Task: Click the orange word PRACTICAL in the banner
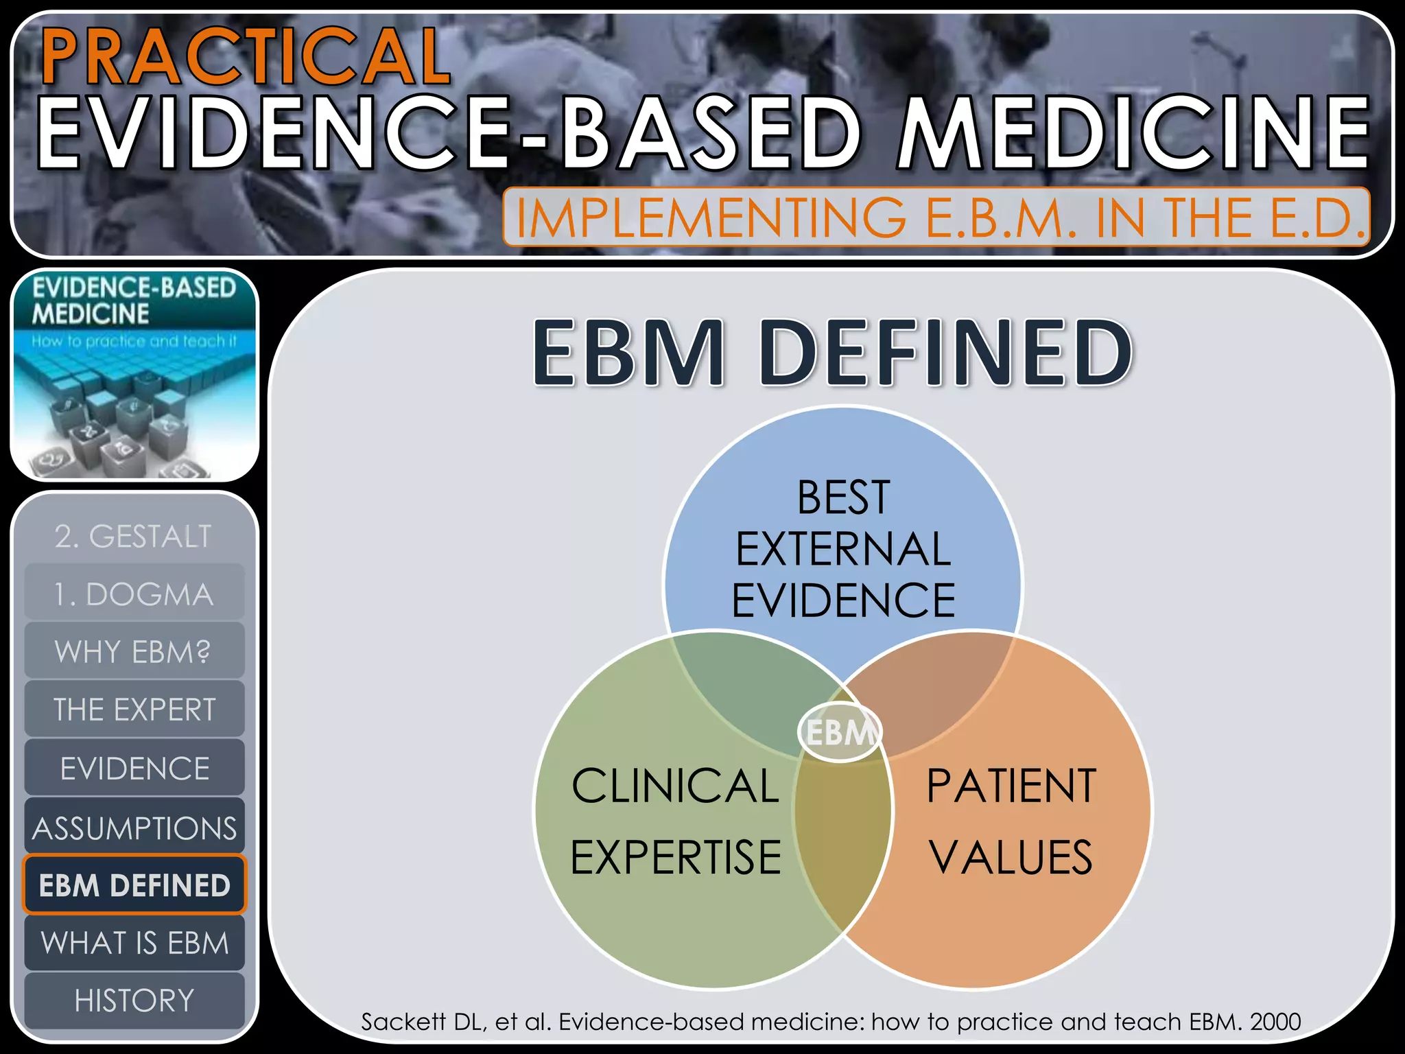coord(246,56)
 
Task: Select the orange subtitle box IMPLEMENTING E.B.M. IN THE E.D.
coord(937,217)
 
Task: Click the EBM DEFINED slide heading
coord(833,352)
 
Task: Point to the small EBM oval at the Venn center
coord(840,732)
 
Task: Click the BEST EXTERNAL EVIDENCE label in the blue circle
coord(843,549)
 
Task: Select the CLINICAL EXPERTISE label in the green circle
coord(676,821)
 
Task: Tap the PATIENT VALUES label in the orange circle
coord(1011,821)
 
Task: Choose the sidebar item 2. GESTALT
coord(134,536)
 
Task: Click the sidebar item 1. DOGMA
coord(134,594)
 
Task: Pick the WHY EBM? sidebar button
coord(134,652)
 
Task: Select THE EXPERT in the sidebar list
coord(134,710)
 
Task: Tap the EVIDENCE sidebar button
coord(134,768)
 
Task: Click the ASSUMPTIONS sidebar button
coord(134,828)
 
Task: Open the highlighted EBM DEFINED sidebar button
coord(134,885)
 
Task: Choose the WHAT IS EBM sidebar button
coord(134,943)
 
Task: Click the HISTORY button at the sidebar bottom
coord(134,1000)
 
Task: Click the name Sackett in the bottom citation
coord(403,1022)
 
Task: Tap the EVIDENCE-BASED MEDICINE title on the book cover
coord(133,301)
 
